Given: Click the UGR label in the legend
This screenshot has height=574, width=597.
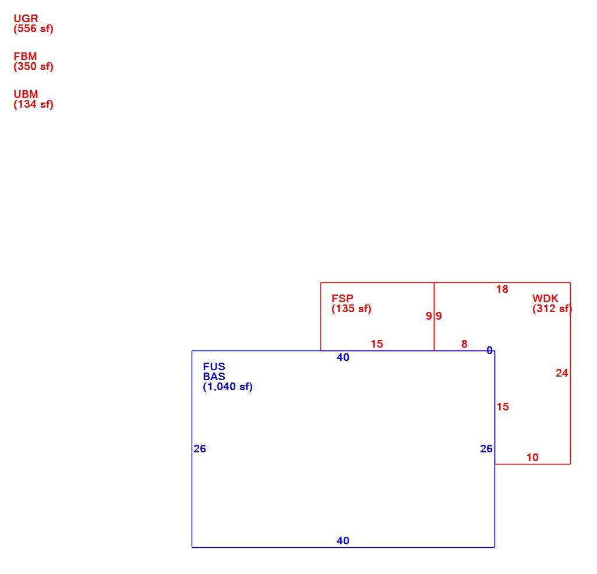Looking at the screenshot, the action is (x=26, y=18).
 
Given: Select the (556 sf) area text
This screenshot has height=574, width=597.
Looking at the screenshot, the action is (x=34, y=29).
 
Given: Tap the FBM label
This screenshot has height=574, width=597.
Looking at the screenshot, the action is (x=26, y=56).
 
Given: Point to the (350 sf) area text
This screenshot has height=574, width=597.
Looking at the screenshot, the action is (x=34, y=66).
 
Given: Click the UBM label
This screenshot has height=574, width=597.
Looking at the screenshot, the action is (x=26, y=94).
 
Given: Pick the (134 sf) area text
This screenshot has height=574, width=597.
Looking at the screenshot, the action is (x=34, y=104).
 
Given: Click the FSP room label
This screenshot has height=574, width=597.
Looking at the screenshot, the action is (x=342, y=298).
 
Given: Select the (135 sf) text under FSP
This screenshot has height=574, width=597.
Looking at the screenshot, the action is (x=351, y=309).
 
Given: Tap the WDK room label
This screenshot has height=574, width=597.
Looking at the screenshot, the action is (x=545, y=298).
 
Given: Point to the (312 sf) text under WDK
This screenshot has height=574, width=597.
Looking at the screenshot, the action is (x=552, y=309).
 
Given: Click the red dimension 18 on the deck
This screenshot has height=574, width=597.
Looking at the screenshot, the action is (x=502, y=289).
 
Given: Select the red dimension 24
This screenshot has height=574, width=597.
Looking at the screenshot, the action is (x=561, y=373).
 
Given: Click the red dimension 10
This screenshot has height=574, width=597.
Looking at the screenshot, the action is (x=532, y=457).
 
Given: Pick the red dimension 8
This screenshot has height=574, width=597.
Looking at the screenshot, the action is (x=464, y=343).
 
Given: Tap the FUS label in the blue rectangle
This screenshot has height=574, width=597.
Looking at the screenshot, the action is (x=214, y=367).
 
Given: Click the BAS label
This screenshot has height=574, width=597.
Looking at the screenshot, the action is (x=214, y=377).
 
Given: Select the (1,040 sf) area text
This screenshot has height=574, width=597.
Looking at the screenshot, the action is (x=228, y=387).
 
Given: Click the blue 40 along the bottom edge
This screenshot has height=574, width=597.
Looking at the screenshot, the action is (x=342, y=540).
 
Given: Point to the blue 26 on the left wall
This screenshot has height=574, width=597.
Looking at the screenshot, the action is (x=200, y=449).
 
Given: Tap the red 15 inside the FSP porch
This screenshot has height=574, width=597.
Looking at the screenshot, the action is (x=377, y=343).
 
